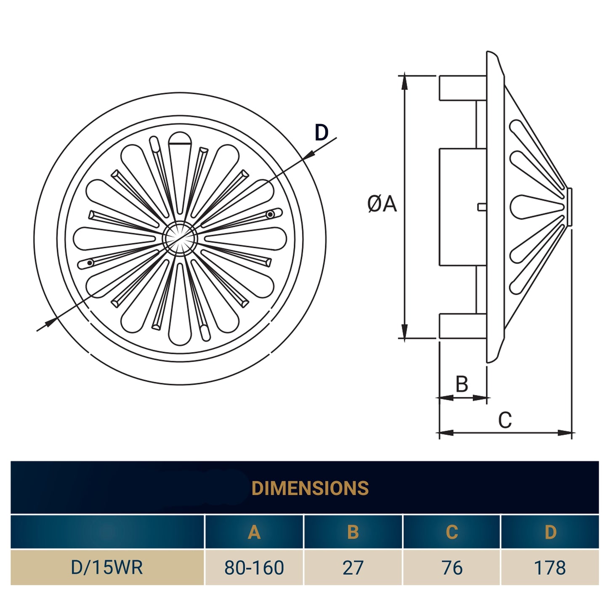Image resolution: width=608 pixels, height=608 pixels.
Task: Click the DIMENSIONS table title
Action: coord(310,488)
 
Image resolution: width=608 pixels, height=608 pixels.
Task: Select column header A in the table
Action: coord(254,532)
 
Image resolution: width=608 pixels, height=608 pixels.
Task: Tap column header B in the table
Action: coord(353,532)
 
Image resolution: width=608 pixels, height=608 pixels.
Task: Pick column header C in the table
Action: coord(451,532)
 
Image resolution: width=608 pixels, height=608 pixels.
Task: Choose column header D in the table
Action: coord(550,532)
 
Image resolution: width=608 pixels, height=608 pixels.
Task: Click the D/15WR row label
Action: coord(107,567)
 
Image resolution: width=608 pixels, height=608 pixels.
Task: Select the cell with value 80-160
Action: coord(254,568)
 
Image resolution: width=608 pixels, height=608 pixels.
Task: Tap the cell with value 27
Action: coord(353,568)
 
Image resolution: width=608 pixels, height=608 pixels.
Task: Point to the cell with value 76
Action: coord(451,568)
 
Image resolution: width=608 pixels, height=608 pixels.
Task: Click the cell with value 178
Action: coord(550,568)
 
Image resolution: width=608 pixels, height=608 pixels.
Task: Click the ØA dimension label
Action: coord(382,204)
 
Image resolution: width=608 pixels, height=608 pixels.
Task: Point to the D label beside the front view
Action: coord(321,133)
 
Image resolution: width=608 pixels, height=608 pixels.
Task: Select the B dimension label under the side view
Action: coord(462,384)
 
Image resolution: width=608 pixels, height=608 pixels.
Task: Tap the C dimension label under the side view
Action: coord(505,420)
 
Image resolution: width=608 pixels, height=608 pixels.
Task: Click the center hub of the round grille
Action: coord(180,238)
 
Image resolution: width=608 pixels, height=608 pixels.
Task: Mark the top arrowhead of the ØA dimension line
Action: coord(404,82)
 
